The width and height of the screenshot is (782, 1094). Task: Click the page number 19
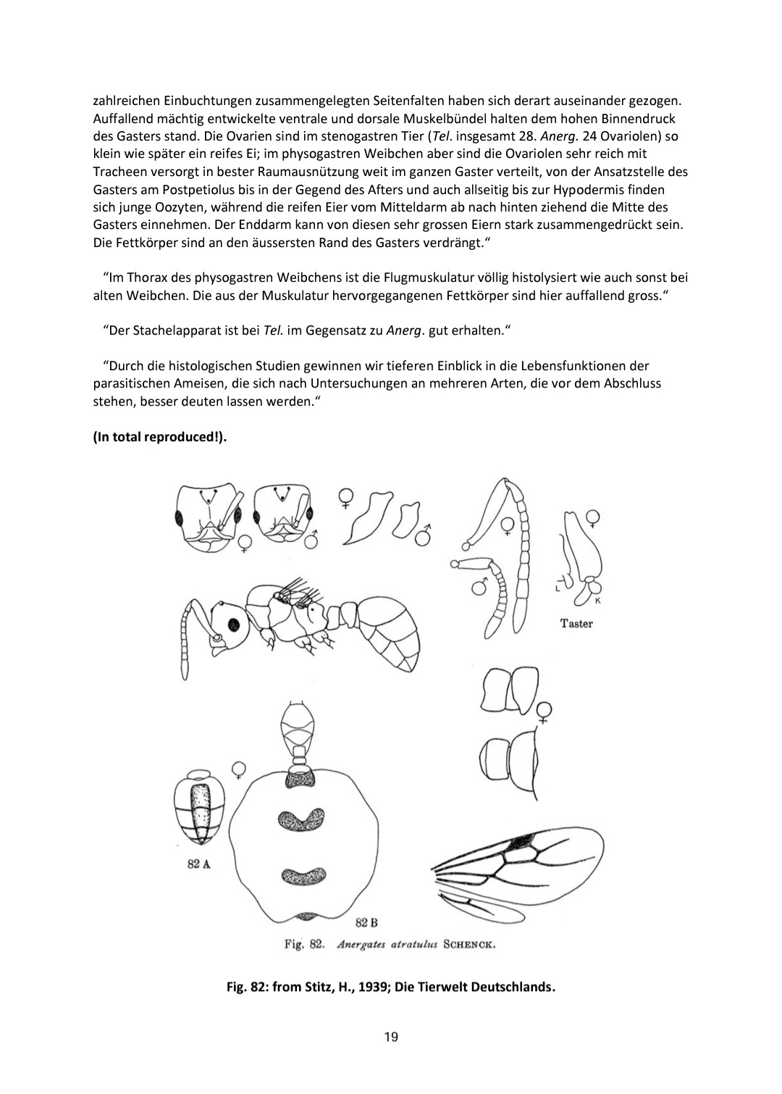click(391, 1037)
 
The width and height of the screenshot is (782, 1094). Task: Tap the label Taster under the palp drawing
click(576, 623)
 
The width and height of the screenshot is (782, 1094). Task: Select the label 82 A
click(198, 865)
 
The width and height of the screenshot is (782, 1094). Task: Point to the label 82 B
click(367, 922)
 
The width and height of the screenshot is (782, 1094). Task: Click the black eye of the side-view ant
click(234, 624)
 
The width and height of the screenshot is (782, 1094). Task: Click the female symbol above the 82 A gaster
click(237, 769)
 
